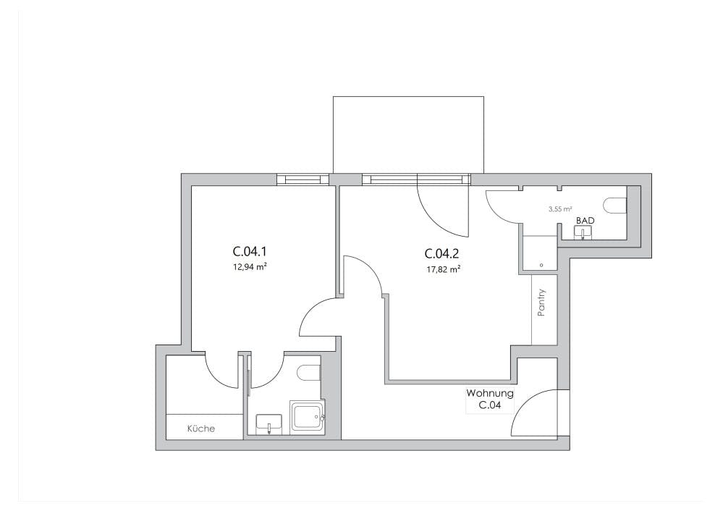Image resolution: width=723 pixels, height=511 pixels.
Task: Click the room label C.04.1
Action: [x=250, y=252]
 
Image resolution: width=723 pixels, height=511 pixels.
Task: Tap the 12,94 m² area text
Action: [x=251, y=266]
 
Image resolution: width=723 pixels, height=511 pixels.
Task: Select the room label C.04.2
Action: [x=441, y=253]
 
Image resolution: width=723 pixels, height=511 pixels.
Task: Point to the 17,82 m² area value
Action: [x=443, y=270]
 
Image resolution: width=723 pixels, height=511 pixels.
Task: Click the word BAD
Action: [x=585, y=221]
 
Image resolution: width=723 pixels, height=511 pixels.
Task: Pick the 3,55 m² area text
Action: [x=560, y=209]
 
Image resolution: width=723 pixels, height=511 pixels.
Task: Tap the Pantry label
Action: [x=541, y=303]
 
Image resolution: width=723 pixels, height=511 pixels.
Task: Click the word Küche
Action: [x=201, y=428]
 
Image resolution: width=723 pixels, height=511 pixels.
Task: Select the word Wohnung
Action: [x=490, y=394]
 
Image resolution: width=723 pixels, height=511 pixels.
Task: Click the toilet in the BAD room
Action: [x=615, y=206]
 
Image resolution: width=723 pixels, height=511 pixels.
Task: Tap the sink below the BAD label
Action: [x=584, y=232]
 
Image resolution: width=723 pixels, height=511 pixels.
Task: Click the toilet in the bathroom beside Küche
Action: [x=310, y=373]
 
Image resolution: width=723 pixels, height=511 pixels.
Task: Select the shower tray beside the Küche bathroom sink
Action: [x=307, y=417]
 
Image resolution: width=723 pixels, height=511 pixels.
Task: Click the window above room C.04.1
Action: [x=303, y=179]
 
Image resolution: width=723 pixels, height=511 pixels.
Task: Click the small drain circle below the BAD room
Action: [x=541, y=265]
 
